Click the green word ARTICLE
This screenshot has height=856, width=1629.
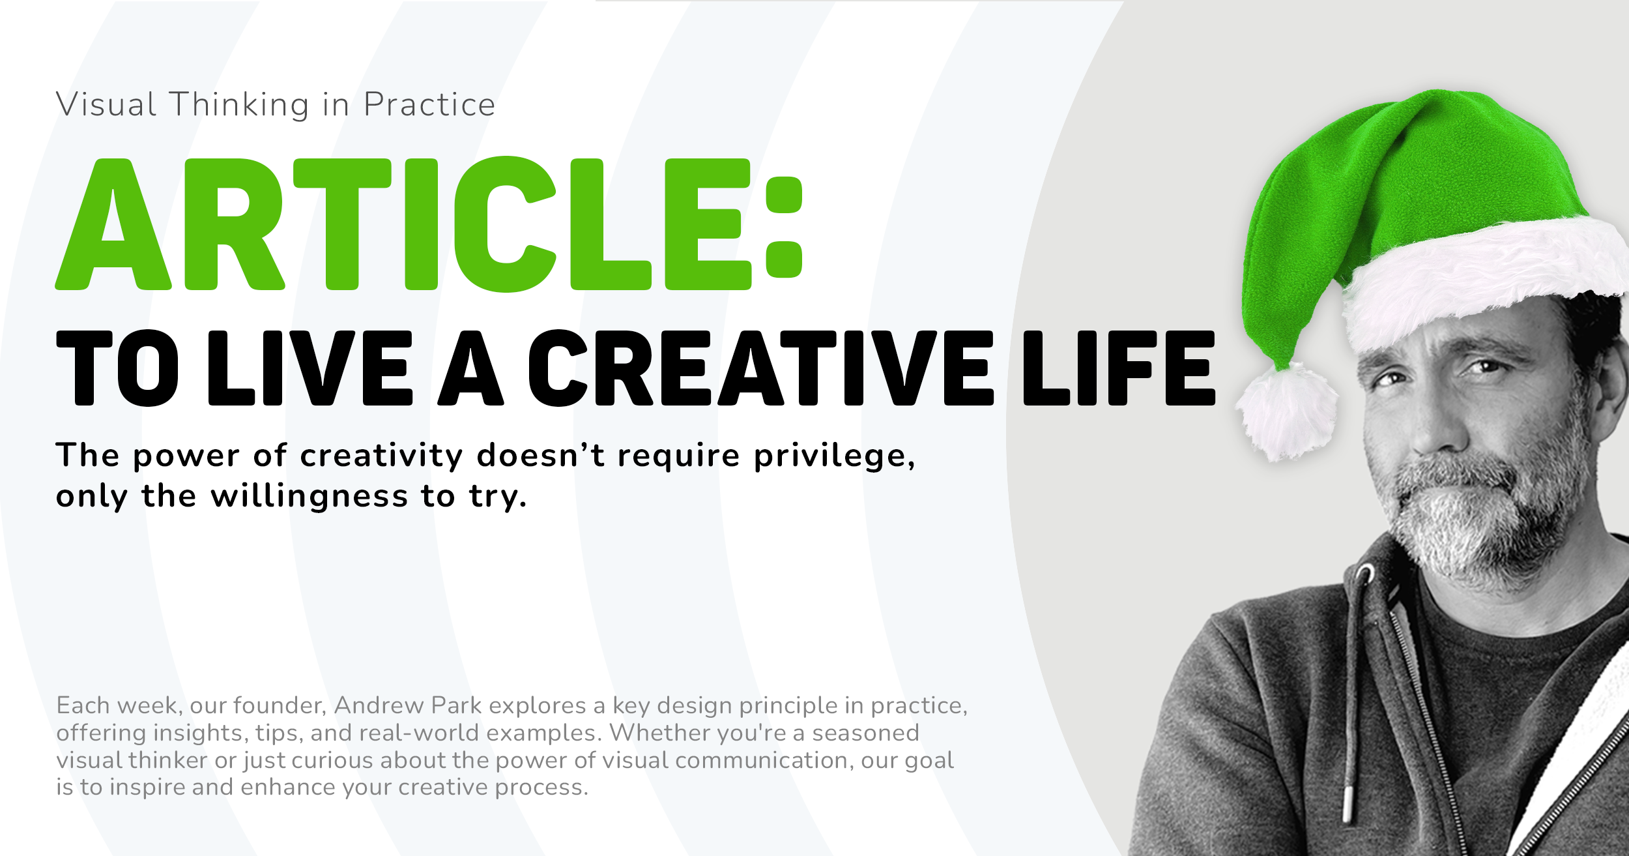[x=404, y=224]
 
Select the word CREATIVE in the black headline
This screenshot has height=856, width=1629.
[x=760, y=368]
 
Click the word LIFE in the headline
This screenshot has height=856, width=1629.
[x=1118, y=368]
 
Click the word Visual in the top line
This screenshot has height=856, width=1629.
[x=106, y=105]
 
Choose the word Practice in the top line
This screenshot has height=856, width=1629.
[x=429, y=105]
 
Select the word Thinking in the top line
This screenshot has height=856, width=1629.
[x=239, y=105]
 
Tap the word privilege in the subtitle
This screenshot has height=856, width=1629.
[x=834, y=456]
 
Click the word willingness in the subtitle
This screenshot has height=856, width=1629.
[x=310, y=497]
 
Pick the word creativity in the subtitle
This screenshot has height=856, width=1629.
[x=381, y=455]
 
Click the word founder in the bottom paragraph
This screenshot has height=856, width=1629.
[x=280, y=705]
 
